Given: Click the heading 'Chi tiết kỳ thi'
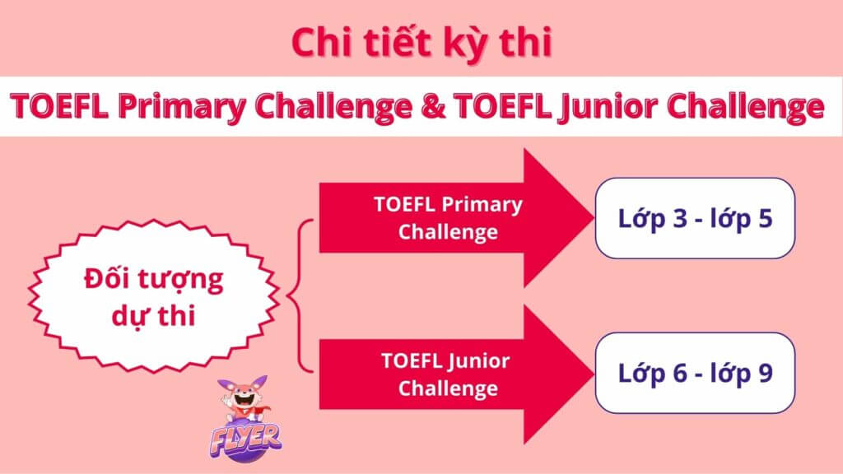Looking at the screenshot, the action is point(422,43).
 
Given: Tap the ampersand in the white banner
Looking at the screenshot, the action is point(433,105).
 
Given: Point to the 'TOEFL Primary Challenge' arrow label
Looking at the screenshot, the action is point(448,218).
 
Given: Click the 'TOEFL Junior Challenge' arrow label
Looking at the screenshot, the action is point(445,374).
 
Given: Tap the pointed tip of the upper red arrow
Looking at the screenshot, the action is point(593,218).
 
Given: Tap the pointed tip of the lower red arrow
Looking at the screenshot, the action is point(593,374).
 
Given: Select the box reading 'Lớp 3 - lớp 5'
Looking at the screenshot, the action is point(695,218).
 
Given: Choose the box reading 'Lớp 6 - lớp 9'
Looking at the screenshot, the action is point(695,373).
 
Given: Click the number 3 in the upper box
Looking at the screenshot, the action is point(680,218).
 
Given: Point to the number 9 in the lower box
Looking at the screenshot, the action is point(765,373).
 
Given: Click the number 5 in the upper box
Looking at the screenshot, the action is point(765,218).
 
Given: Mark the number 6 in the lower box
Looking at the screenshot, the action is point(680,373).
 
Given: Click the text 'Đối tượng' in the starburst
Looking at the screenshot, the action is point(153,280).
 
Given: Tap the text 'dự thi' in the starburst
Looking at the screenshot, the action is point(153,316).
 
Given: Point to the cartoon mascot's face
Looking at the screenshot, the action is point(244,397).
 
